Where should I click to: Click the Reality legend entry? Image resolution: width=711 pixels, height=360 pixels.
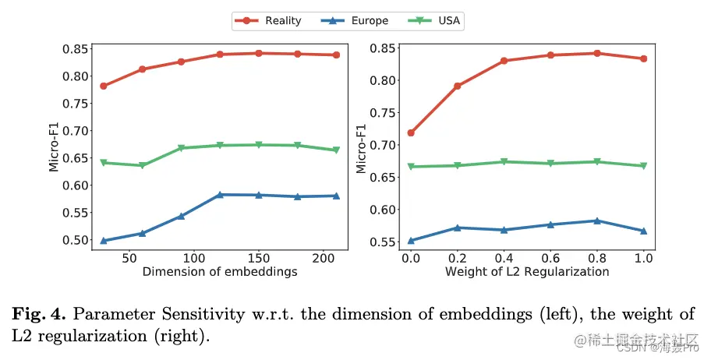point(270,21)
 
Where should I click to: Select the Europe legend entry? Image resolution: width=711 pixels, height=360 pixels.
point(356,21)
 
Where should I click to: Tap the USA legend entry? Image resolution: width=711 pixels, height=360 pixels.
point(437,21)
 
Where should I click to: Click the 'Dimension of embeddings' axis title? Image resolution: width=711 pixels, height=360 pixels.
point(220,272)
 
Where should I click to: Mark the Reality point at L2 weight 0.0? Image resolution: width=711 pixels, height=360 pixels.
point(411,132)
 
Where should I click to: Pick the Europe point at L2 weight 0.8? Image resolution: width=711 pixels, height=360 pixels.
point(597,221)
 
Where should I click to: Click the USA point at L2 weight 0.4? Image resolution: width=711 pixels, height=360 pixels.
point(504,161)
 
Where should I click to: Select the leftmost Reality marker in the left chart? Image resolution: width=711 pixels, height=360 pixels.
point(104,86)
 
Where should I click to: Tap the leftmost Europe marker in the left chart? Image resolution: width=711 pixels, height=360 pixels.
point(104,241)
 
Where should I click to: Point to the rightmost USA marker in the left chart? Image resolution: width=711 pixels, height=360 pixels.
point(336,150)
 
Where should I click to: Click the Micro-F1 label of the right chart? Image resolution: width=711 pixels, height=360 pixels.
point(362,146)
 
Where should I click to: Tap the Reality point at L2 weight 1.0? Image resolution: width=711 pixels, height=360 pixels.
point(644,58)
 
